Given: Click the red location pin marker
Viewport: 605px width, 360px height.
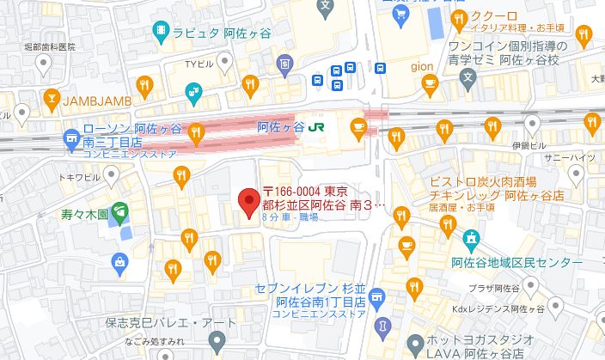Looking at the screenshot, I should coord(248,203).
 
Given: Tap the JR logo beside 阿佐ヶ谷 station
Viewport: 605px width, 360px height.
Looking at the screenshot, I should coord(317,126).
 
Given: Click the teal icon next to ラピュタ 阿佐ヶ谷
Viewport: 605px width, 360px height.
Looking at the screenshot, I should coord(161,32).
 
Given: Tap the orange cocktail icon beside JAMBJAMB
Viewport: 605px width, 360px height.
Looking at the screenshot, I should coord(51,97).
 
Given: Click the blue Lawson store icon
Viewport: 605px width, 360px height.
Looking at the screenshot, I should coord(70,136).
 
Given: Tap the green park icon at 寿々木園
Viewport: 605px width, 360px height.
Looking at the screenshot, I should coord(118,208).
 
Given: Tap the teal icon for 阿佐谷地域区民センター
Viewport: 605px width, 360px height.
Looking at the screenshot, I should coord(471,238).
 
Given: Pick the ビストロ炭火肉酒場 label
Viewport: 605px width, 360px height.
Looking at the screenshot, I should coord(484,181).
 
